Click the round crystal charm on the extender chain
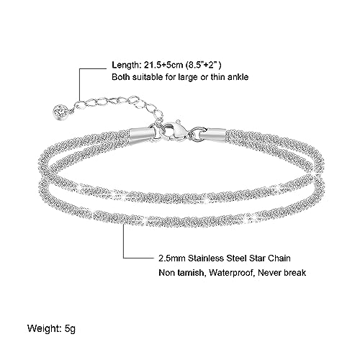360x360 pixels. pos(60,111)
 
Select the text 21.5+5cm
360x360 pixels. pos(164,65)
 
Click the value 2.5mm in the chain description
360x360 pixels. pos(171,258)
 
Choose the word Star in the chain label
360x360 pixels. pos(257,258)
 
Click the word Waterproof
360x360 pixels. pos(232,273)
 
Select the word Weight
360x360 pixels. pos(42,328)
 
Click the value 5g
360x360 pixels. pos(70,329)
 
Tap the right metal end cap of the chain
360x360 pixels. pos(214,133)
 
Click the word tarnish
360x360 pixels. pos(190,273)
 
